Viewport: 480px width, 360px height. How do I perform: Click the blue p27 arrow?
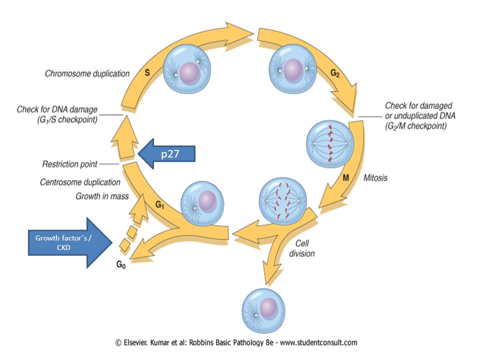167,153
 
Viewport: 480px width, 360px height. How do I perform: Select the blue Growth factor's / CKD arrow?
70,243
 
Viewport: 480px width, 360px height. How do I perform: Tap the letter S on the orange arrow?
147,72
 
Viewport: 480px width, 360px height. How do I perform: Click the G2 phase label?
335,73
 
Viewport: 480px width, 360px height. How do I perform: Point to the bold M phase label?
346,177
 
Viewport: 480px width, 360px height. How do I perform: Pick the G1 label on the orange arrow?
160,204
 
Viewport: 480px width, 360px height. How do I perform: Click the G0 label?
121,264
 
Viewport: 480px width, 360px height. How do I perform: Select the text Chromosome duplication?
87,74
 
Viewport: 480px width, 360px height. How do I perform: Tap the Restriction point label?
70,164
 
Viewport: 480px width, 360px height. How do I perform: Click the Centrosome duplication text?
80,182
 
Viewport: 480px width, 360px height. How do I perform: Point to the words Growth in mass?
102,196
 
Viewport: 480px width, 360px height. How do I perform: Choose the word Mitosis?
375,178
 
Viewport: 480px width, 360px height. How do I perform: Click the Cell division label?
302,248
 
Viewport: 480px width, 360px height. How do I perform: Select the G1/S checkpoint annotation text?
57,114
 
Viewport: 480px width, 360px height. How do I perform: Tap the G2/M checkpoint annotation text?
420,115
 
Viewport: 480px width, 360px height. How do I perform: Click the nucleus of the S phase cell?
190,73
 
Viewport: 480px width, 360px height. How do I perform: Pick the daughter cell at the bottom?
263,310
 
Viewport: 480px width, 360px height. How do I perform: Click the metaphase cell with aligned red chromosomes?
330,144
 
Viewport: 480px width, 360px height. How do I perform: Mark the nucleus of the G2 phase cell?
293,70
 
